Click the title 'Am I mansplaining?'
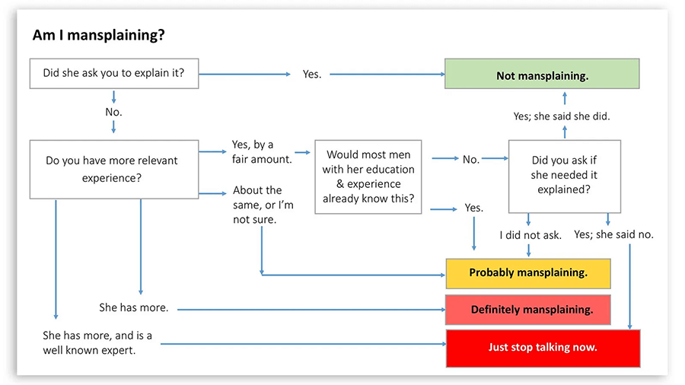pyautogui.click(x=100, y=36)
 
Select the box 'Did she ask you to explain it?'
pyautogui.click(x=113, y=75)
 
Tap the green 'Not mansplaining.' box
pyautogui.click(x=542, y=75)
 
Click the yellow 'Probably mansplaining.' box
pyautogui.click(x=528, y=272)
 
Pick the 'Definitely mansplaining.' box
pyautogui.click(x=528, y=310)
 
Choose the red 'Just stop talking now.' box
pyautogui.click(x=542, y=348)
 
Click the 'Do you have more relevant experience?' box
pyautogui.click(x=113, y=168)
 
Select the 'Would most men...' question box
pyautogui.click(x=368, y=177)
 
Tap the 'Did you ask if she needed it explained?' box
pyautogui.click(x=564, y=176)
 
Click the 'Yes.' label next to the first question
pyautogui.click(x=312, y=75)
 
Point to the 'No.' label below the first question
pyautogui.click(x=113, y=112)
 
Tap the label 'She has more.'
pyautogui.click(x=133, y=308)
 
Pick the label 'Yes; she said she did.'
pyautogui.click(x=562, y=116)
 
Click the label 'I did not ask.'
pyautogui.click(x=530, y=235)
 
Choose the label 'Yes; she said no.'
pyautogui.click(x=614, y=234)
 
